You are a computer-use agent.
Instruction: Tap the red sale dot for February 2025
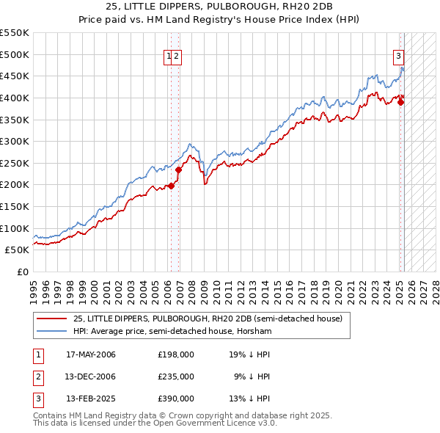400,102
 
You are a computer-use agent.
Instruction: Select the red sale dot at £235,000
178,170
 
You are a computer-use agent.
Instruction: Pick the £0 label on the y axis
22,272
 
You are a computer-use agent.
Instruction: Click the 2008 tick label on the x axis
192,286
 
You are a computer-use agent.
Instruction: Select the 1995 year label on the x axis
34,286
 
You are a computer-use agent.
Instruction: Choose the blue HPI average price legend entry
172,332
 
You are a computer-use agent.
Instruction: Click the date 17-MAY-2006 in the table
91,354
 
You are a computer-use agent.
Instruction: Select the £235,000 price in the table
176,376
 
